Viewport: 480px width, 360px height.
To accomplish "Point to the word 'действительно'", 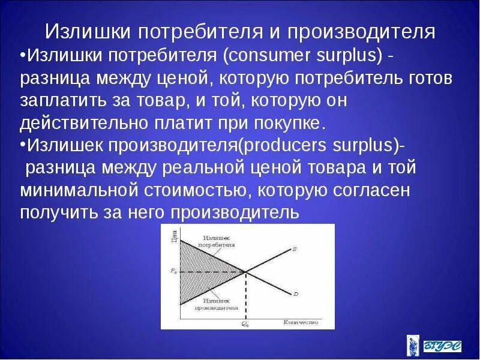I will [x=80, y=124].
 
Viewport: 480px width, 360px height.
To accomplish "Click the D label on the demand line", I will [x=296, y=293].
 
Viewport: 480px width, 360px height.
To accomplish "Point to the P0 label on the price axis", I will [x=173, y=271].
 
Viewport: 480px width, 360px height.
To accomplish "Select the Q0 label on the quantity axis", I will [x=245, y=323].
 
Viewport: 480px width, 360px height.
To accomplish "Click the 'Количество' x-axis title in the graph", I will [x=300, y=323].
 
